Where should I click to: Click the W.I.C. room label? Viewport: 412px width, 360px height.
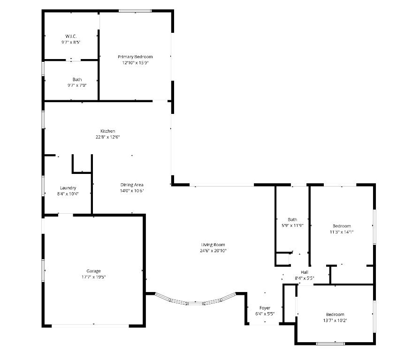coord(71,36)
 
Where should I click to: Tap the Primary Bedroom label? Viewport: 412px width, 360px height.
coord(135,57)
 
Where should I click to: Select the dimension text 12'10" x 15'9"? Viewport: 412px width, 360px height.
coord(135,62)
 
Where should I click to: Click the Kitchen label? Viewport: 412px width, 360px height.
coord(107,131)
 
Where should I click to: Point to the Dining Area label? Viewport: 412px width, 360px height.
coord(132,185)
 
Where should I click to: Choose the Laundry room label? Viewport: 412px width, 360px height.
coord(68,188)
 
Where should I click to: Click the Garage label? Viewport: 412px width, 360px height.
coord(93,271)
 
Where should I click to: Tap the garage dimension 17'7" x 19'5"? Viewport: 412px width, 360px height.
coord(93,277)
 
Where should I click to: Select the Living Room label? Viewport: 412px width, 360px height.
coord(213,245)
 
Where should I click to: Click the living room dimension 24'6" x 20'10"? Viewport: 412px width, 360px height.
coord(213,250)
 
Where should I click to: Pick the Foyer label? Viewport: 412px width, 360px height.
coord(265,308)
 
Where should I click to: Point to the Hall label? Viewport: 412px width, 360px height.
coord(305,272)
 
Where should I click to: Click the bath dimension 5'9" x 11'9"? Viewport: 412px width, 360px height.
coord(292,225)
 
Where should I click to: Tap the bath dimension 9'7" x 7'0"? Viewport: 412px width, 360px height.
coord(77,85)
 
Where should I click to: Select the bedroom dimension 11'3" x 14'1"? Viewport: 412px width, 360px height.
coord(342,232)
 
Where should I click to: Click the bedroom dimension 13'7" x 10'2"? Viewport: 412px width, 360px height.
coord(335,320)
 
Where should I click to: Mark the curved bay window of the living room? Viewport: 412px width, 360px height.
coord(195,302)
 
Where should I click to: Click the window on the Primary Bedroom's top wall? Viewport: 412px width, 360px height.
coord(135,11)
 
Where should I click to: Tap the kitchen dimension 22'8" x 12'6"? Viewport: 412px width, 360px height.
coord(107,137)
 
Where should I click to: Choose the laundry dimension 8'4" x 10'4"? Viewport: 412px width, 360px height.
coord(68,194)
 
